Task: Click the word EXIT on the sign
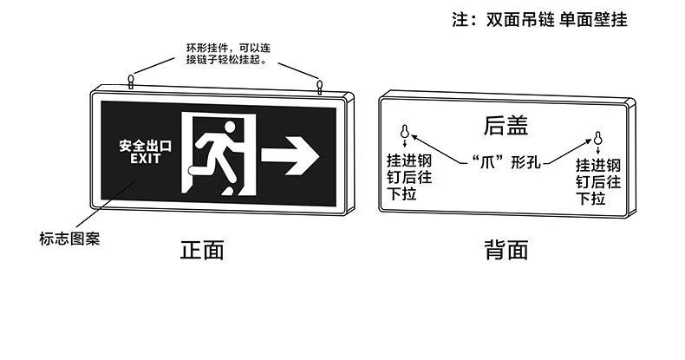pos(140,159)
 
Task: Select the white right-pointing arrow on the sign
pos(290,154)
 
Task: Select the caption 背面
pos(506,251)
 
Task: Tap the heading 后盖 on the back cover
pos(506,127)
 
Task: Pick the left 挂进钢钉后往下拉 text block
pos(408,177)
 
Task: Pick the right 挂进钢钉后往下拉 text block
pos(598,181)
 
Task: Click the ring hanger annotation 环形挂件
pos(226,54)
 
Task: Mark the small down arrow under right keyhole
pos(597,150)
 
